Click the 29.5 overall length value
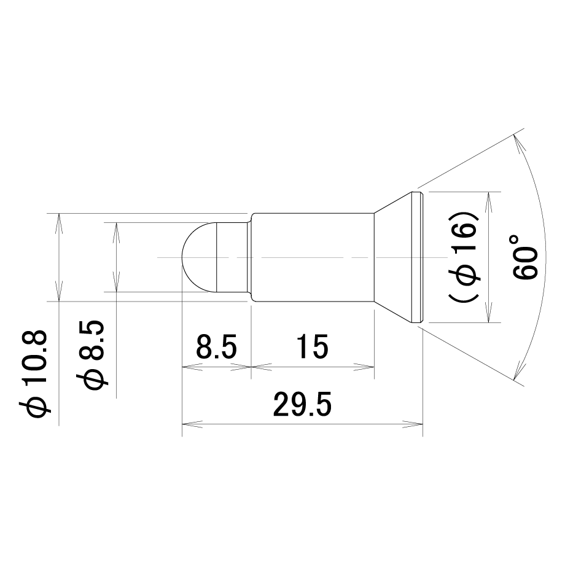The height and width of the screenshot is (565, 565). point(302,404)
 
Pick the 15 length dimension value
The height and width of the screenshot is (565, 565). point(313,346)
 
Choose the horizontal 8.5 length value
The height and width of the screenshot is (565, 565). point(216,346)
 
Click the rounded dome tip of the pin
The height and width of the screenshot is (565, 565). point(199,257)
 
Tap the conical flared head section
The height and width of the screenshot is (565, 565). point(393,257)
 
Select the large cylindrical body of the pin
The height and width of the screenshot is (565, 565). point(313,257)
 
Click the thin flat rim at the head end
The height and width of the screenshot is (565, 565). point(417,257)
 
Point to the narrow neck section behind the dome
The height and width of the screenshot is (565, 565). point(232,257)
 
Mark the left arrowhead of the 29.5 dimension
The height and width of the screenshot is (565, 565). point(192,424)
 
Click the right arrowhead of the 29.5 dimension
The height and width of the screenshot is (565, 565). point(413,424)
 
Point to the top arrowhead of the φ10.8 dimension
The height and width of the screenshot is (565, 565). point(59,224)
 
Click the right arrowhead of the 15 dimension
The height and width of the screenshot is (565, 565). point(364,367)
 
